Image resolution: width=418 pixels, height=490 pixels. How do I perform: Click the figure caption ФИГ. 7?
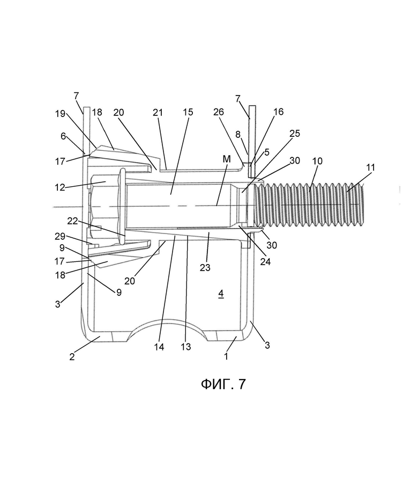click(x=223, y=384)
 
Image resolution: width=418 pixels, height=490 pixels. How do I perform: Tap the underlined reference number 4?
click(x=221, y=294)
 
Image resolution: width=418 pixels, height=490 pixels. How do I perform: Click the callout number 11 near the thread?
click(x=370, y=167)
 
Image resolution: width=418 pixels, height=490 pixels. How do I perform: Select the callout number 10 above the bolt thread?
click(x=318, y=161)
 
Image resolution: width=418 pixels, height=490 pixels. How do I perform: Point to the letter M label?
click(x=227, y=159)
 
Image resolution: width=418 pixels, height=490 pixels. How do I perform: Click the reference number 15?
click(x=188, y=112)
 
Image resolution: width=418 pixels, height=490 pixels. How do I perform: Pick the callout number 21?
click(x=158, y=112)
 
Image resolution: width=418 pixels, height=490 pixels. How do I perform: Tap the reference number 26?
click(x=219, y=112)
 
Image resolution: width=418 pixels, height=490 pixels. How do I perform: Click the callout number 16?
click(x=279, y=112)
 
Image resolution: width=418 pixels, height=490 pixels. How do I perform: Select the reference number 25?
click(x=295, y=134)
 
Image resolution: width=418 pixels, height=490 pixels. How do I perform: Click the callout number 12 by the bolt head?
click(x=60, y=187)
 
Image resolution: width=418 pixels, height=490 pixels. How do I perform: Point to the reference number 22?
click(x=72, y=221)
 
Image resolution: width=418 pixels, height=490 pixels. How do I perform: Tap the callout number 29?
click(x=60, y=237)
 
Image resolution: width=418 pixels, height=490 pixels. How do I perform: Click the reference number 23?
click(x=205, y=267)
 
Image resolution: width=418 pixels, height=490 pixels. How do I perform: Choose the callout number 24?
click(x=265, y=261)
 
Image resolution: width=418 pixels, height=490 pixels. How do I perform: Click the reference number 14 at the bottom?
click(x=159, y=347)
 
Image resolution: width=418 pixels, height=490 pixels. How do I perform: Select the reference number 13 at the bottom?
click(x=186, y=347)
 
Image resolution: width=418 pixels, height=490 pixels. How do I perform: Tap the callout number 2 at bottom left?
click(x=72, y=357)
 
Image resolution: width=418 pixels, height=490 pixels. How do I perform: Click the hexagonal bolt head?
click(x=103, y=207)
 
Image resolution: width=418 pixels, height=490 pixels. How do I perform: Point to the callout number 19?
click(x=61, y=114)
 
